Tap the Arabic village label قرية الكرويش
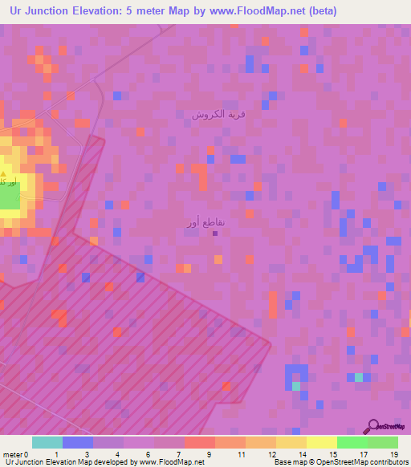218,114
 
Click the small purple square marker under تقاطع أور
215,234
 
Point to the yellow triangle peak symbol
5,173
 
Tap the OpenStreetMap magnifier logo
372,427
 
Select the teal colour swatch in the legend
47,442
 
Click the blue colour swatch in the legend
78,442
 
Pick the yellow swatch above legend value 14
291,442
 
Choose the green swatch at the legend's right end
383,442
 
